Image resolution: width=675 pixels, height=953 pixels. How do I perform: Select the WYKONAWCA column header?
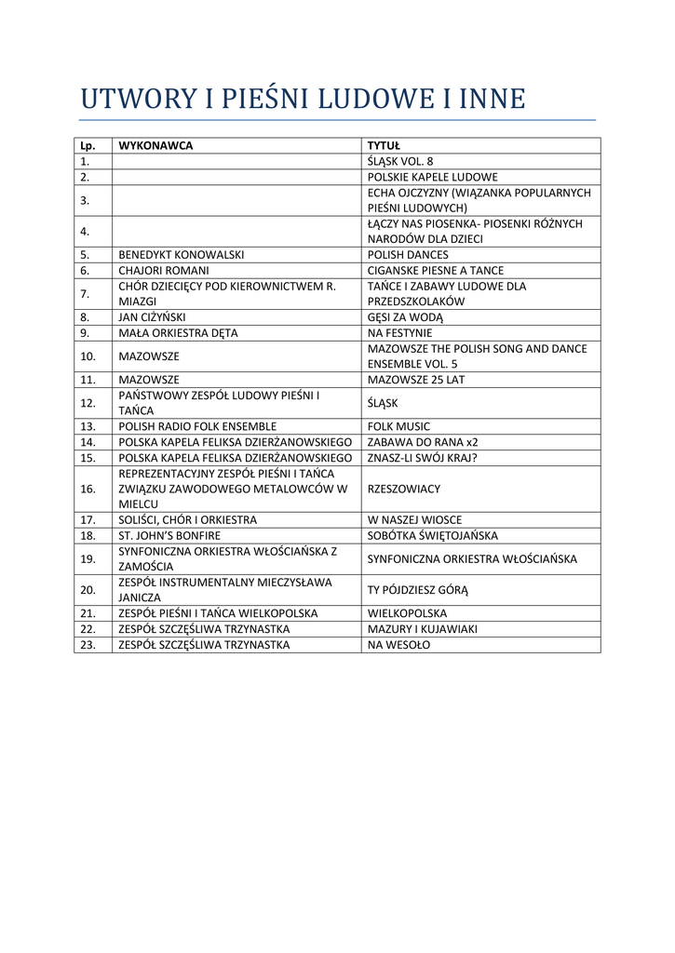(x=155, y=146)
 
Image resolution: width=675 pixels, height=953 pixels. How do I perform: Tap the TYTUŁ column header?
(x=383, y=146)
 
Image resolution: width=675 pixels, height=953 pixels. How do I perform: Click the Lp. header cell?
(x=88, y=146)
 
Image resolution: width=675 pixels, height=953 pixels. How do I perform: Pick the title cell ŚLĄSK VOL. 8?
(x=399, y=161)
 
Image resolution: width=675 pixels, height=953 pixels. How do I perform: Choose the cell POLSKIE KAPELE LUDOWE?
(x=432, y=177)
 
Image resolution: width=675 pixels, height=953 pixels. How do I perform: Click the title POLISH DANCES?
(x=407, y=255)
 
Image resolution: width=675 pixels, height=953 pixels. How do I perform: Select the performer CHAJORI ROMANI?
(x=164, y=271)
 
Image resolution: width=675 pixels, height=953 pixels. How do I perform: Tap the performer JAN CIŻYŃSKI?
(x=152, y=317)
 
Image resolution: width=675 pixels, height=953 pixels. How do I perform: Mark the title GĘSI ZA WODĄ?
(x=405, y=317)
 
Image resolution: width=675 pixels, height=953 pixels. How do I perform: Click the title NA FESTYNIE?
(x=399, y=333)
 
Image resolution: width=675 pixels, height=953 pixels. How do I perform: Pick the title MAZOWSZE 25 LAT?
(x=415, y=380)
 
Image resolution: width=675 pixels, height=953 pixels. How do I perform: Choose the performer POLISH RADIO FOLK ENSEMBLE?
(x=197, y=426)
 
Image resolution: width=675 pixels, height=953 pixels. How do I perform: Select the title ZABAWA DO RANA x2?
(x=422, y=442)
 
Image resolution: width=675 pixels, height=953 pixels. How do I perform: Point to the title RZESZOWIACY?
(x=403, y=489)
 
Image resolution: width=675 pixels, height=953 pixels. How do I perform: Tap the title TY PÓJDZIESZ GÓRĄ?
(x=417, y=590)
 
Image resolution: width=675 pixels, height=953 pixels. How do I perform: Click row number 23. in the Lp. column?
(x=88, y=644)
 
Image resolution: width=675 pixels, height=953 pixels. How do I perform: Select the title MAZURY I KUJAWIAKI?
(x=422, y=629)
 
